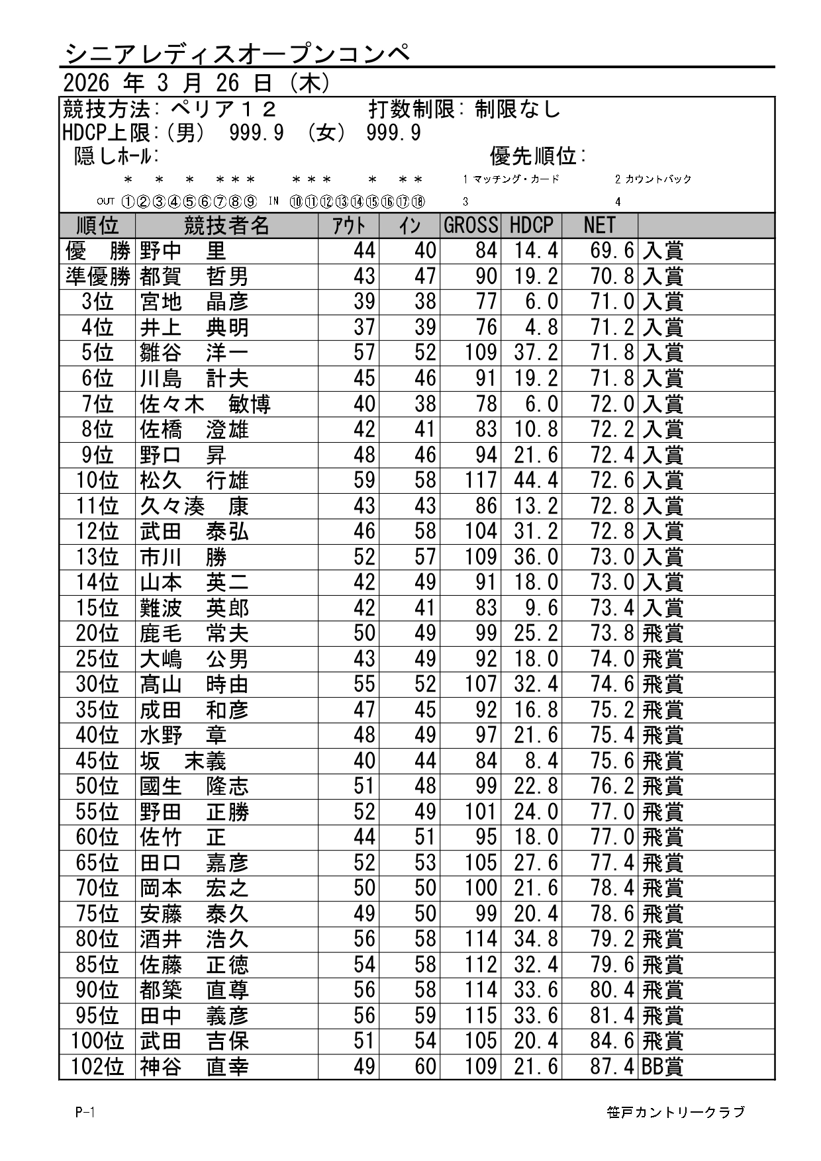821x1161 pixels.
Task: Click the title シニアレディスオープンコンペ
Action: click(x=238, y=53)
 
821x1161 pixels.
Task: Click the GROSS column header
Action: click(x=470, y=226)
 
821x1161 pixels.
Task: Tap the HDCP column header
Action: click(x=531, y=226)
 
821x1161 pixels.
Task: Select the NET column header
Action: click(x=599, y=226)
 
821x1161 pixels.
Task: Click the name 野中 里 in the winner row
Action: click(x=183, y=251)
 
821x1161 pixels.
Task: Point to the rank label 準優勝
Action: click(x=97, y=277)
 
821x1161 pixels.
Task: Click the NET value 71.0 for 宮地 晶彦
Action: click(x=612, y=302)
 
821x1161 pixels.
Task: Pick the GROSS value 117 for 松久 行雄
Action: click(x=481, y=481)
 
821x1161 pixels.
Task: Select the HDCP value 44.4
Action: click(x=536, y=481)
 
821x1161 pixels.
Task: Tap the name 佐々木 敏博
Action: click(x=205, y=404)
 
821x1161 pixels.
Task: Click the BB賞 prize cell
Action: click(x=663, y=1067)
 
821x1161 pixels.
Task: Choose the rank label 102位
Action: click(x=97, y=1067)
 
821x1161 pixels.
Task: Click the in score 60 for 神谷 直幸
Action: click(x=425, y=1067)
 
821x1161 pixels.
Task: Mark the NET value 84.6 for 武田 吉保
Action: click(x=612, y=1041)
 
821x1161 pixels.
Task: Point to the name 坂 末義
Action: click(x=183, y=761)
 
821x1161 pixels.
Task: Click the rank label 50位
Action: click(x=97, y=786)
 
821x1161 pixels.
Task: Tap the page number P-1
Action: click(x=85, y=1113)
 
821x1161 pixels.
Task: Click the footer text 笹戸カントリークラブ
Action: click(x=675, y=1113)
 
